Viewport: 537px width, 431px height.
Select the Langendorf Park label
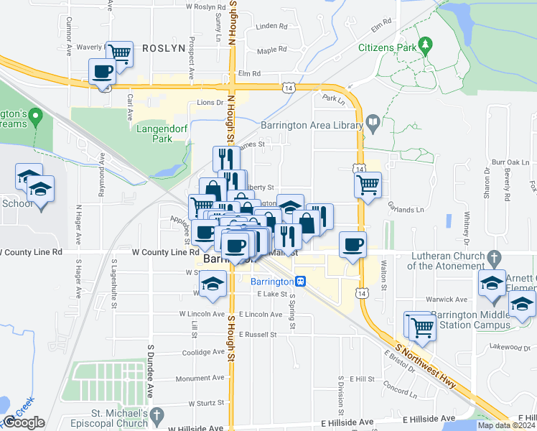(154, 134)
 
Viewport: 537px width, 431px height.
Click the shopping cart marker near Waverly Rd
(120, 52)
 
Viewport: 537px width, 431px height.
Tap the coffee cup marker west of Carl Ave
(102, 70)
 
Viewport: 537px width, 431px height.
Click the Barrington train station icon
(302, 282)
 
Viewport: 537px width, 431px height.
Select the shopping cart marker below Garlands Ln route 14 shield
(368, 184)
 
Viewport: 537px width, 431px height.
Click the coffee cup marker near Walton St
(352, 244)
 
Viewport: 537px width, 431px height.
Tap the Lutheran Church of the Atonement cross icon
(493, 256)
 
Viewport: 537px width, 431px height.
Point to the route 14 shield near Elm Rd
(288, 87)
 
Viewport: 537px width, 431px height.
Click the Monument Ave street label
(200, 378)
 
